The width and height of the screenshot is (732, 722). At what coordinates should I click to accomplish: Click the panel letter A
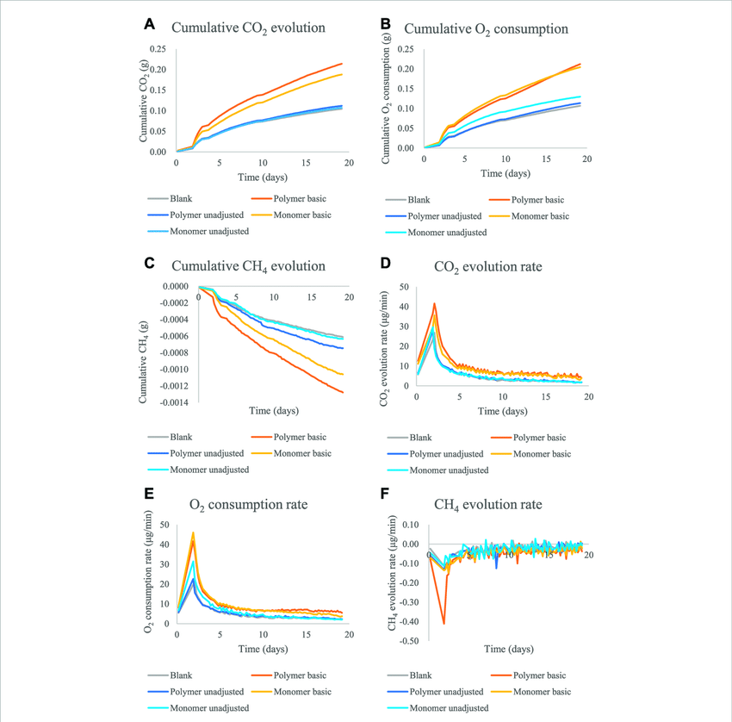[x=149, y=24]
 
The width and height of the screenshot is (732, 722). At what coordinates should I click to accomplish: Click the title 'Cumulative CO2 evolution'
[x=248, y=28]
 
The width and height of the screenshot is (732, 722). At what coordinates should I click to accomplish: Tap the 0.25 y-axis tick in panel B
[x=406, y=49]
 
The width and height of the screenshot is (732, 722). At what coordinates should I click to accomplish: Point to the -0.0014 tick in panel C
[x=174, y=402]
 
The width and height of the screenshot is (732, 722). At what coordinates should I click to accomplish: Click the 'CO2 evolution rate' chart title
[x=487, y=267]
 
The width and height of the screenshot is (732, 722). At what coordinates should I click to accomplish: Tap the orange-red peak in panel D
[x=435, y=303]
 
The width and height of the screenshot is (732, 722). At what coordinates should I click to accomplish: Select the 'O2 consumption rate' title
[x=248, y=505]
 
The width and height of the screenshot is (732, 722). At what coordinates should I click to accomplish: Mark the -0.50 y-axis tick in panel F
[x=409, y=641]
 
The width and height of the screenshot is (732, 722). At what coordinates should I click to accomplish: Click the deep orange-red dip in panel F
[x=444, y=623]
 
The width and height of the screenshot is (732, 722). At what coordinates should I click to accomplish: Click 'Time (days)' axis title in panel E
[x=263, y=649]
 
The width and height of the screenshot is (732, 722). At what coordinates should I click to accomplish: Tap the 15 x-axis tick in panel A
[x=306, y=163]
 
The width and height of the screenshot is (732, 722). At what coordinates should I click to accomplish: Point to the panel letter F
[x=385, y=494]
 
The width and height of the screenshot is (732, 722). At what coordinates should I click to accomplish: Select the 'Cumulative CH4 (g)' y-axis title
[x=143, y=363]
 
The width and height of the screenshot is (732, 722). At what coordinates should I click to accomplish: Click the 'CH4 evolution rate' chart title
[x=487, y=505]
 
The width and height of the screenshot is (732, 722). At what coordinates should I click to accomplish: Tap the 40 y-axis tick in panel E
[x=164, y=545]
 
